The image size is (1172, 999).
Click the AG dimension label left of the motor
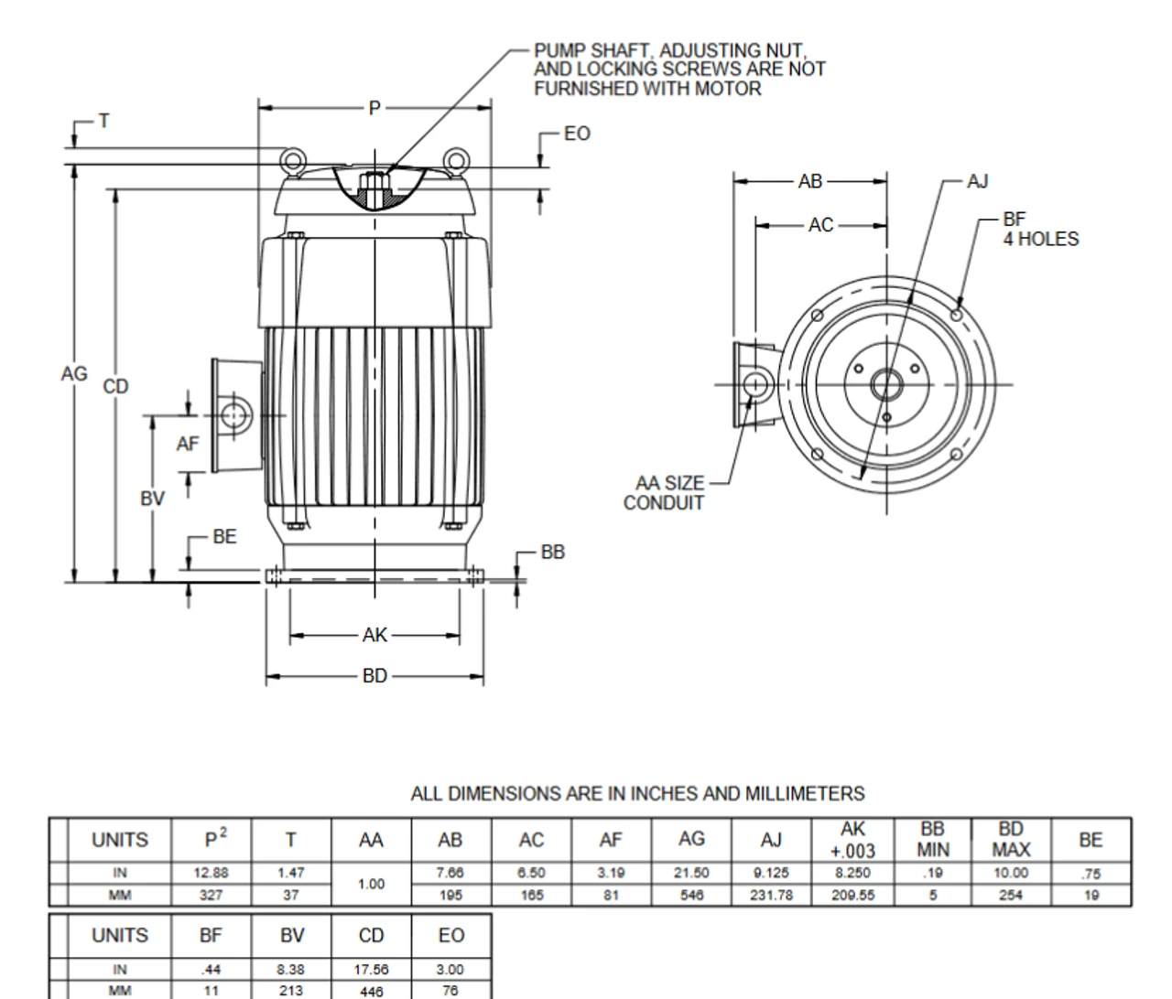tap(74, 374)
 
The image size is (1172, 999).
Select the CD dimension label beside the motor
tap(115, 386)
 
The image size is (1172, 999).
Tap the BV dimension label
tap(152, 499)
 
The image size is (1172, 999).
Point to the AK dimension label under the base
tap(374, 635)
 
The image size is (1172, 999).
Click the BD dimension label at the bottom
tap(374, 676)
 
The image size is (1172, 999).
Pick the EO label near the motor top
tap(577, 134)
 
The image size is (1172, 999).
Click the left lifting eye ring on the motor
tap(292, 161)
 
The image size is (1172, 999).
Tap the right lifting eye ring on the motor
tap(457, 161)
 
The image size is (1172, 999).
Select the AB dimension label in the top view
tap(810, 181)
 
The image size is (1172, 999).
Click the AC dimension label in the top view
tap(821, 224)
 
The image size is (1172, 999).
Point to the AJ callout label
tap(978, 181)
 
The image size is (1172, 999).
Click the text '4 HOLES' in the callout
tap(1041, 240)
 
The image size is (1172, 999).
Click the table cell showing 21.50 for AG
tap(691, 874)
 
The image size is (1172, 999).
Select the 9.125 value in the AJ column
tap(771, 874)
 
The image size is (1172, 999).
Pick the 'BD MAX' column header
tap(1011, 839)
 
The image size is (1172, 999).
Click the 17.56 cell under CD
tap(371, 970)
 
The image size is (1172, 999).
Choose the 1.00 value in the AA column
tap(371, 884)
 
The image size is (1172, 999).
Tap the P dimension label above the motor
tap(374, 108)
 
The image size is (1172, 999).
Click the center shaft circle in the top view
tap(886, 384)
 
